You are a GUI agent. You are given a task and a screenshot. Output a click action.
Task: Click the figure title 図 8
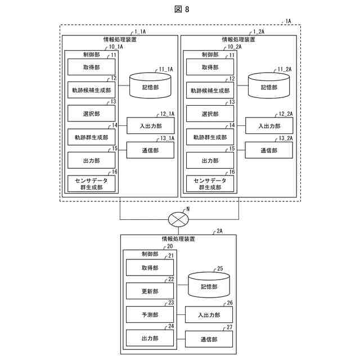pos(182,9)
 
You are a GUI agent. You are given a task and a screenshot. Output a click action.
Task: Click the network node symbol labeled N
pos(178,219)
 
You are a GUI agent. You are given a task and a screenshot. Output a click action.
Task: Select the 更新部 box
pos(150,291)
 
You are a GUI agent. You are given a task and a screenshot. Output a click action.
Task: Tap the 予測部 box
pos(150,314)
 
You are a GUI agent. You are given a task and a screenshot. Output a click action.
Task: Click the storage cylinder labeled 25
pos(209,285)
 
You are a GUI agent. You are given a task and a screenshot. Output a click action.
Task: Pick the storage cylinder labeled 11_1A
pos(150,85)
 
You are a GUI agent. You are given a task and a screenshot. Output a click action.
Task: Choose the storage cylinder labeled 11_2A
pos(269,85)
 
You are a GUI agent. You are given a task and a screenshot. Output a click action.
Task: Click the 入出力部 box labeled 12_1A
pos(151,125)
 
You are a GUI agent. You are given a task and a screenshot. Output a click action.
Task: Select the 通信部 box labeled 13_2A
pos(269,150)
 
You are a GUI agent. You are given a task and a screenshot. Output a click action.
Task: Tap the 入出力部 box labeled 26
pos(209,314)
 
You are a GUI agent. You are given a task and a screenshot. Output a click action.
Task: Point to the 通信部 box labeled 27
pos(209,339)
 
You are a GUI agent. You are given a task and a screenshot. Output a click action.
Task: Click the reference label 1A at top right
pos(288,21)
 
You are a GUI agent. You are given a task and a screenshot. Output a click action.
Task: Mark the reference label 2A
pos(219,231)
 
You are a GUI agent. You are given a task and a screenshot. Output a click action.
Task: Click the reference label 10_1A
pos(116,47)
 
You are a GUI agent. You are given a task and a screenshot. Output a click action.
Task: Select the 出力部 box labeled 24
pos(150,338)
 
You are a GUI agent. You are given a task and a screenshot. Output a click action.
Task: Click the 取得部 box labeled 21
pos(150,268)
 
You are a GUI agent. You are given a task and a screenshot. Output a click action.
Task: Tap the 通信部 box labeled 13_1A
pos(150,150)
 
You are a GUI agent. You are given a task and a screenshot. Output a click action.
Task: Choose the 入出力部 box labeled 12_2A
pos(269,125)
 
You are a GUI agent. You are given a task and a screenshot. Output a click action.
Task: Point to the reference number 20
pos(170,246)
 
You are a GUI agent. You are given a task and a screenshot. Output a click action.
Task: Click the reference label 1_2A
pos(259,31)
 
